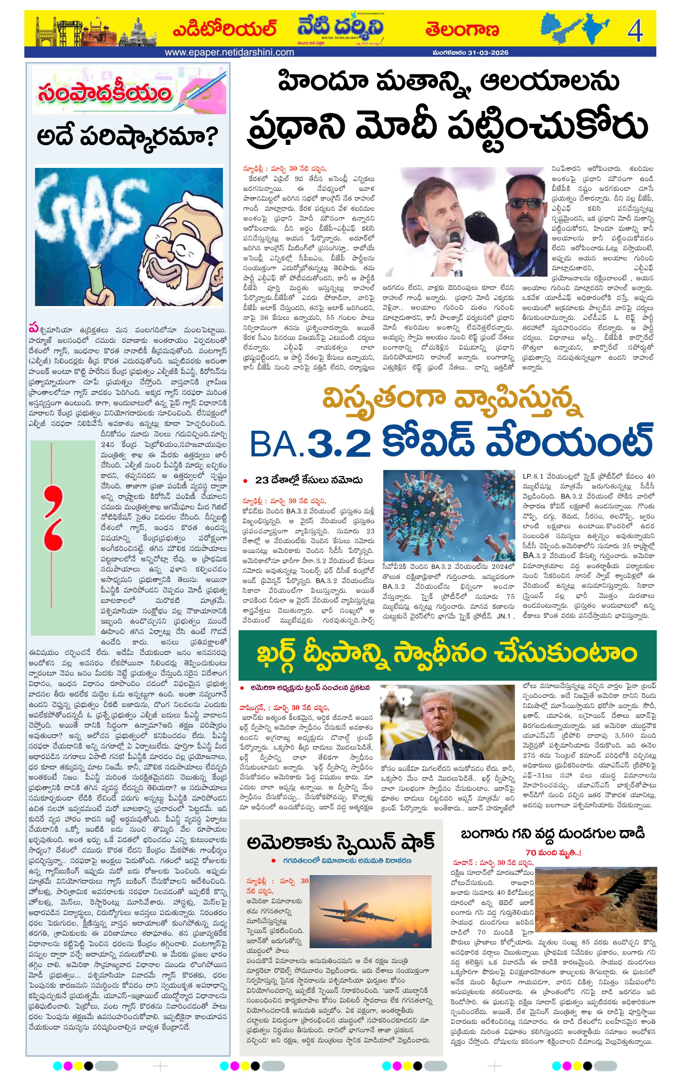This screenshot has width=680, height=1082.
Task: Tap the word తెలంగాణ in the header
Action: click(x=462, y=30)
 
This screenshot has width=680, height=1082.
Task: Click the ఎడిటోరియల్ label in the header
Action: click(x=224, y=30)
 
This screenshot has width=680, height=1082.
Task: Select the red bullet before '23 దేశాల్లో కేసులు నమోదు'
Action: click(x=245, y=481)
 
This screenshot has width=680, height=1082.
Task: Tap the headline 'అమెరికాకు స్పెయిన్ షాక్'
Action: click(x=341, y=842)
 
